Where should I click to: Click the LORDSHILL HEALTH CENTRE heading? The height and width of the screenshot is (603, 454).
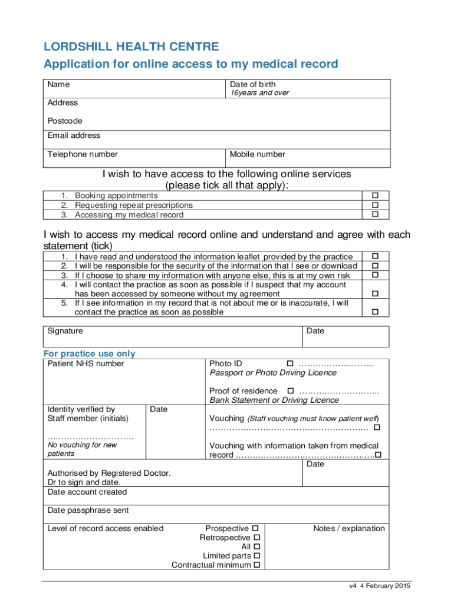pyautogui.click(x=131, y=47)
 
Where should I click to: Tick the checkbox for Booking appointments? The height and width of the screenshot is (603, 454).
pyautogui.click(x=374, y=196)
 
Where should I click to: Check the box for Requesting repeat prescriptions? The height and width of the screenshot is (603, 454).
pyautogui.click(x=374, y=206)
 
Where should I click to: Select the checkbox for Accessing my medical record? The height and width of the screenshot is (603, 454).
pyautogui.click(x=374, y=215)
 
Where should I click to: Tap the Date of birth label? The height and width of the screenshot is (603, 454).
pyautogui.click(x=252, y=84)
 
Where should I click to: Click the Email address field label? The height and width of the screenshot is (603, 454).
pyautogui.click(x=74, y=135)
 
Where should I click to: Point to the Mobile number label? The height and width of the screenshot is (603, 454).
pyautogui.click(x=257, y=154)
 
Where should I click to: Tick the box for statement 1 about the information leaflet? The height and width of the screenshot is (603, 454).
pyautogui.click(x=374, y=257)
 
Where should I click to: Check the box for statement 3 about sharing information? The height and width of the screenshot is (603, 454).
pyautogui.click(x=374, y=276)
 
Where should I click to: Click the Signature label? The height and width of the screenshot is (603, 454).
pyautogui.click(x=65, y=331)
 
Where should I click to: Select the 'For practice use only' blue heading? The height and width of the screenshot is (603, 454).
pyautogui.click(x=90, y=354)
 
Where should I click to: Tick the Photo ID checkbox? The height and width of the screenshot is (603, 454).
pyautogui.click(x=289, y=364)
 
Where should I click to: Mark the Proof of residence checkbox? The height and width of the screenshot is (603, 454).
pyautogui.click(x=290, y=391)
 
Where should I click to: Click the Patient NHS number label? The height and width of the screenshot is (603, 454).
pyautogui.click(x=85, y=364)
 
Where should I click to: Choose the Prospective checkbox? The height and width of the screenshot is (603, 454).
pyautogui.click(x=256, y=529)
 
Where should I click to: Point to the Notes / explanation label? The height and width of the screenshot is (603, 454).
pyautogui.click(x=348, y=529)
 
